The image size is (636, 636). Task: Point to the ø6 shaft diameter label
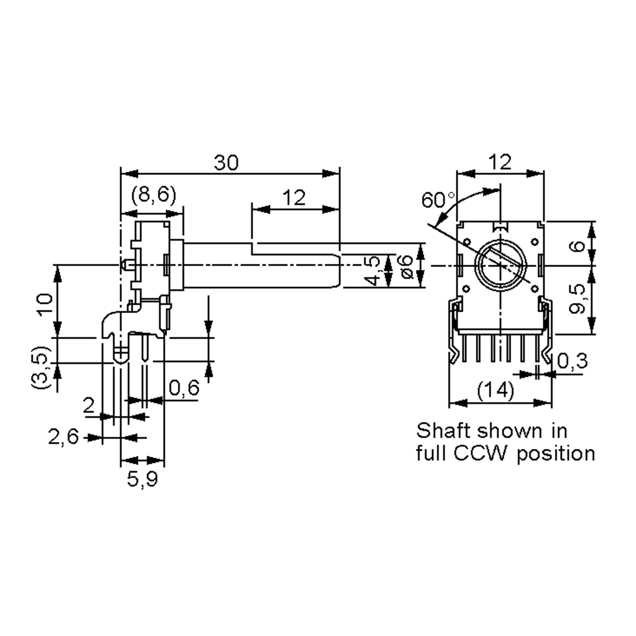tap(407, 266)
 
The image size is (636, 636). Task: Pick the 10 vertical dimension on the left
tap(45, 304)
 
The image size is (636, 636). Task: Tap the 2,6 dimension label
tap(64, 437)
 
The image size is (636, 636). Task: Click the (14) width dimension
tap(496, 390)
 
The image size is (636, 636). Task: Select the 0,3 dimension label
tap(572, 361)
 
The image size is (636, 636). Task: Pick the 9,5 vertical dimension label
tap(577, 299)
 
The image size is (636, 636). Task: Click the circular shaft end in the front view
tap(500, 265)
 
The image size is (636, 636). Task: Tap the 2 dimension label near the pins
tap(89, 405)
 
